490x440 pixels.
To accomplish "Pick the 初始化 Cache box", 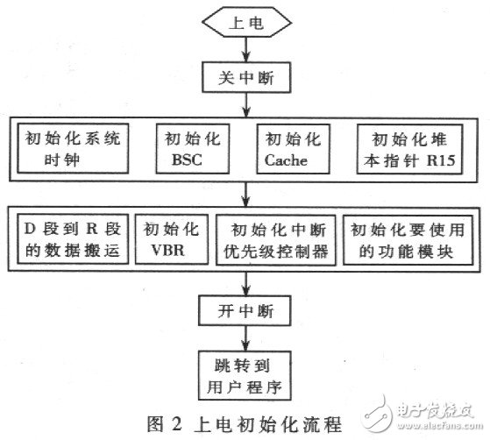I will [288, 152].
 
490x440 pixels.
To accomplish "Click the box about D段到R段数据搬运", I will [75, 240].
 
